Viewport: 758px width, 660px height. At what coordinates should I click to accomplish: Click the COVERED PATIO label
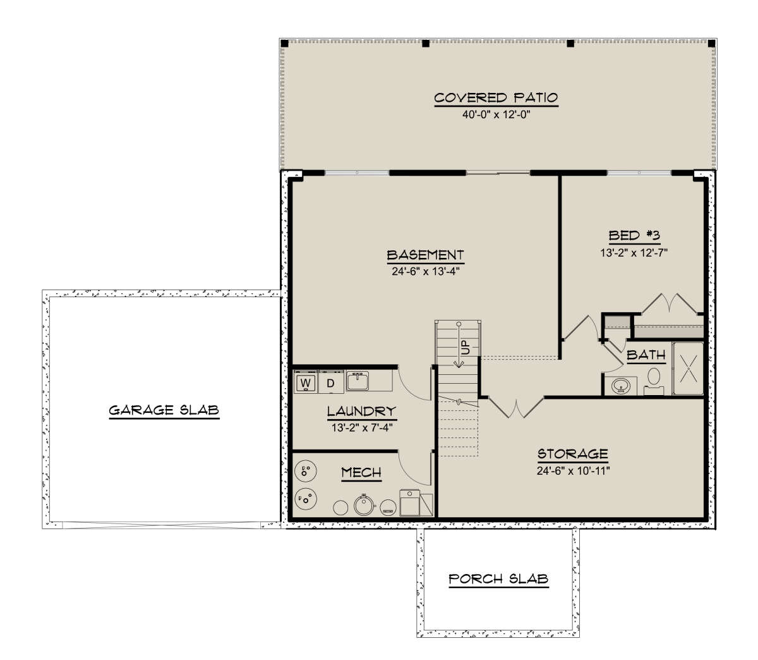tap(496, 98)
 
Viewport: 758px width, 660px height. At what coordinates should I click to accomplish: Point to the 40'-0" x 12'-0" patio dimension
tap(496, 114)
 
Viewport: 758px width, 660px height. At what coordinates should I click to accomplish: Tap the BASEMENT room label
tap(425, 255)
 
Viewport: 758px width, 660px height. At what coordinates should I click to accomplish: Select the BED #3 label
tap(634, 235)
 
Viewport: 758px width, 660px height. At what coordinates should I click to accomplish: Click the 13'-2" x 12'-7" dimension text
tap(634, 253)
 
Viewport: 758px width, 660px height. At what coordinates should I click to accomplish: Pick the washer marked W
tap(305, 382)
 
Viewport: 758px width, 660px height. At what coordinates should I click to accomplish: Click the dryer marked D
tap(331, 382)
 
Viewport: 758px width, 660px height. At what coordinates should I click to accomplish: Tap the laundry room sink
tap(358, 381)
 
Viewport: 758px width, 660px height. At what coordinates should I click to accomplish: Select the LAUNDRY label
tap(361, 411)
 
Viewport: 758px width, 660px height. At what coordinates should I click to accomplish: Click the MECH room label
tap(361, 472)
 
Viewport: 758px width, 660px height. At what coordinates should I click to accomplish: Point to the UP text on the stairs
tap(466, 347)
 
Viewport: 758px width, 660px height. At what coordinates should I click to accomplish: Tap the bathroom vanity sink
tap(621, 386)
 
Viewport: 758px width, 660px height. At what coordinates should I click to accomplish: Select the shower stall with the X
tap(689, 369)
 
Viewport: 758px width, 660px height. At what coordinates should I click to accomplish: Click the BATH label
tap(646, 355)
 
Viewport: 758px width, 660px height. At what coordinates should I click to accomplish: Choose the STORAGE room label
tap(573, 454)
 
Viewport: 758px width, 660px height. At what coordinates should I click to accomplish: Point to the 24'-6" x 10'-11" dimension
tap(573, 471)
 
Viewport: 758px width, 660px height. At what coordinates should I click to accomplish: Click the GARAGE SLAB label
tap(164, 410)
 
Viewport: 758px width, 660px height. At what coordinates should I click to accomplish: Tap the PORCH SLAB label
tap(498, 579)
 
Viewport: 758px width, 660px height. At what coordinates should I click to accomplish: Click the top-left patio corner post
tap(284, 44)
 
